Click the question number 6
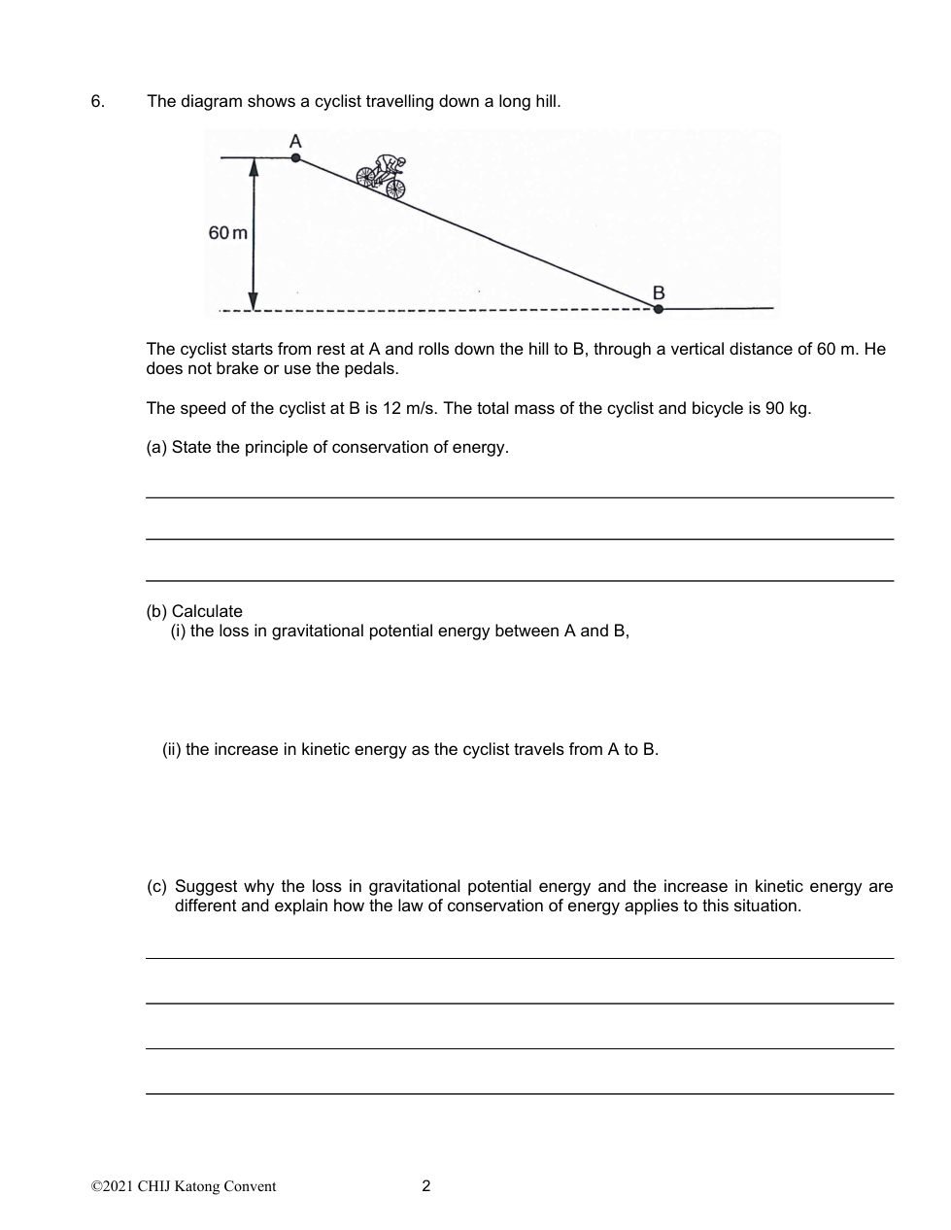(x=97, y=101)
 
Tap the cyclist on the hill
(x=382, y=177)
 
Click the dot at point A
(x=296, y=157)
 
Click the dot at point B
(x=659, y=309)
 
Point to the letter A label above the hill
(x=295, y=141)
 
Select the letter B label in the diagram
(x=659, y=292)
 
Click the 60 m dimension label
(x=227, y=233)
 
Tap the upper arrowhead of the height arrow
(x=254, y=167)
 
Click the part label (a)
(x=156, y=447)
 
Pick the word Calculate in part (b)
(x=207, y=611)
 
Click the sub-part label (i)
(x=179, y=632)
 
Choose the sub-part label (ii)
(x=172, y=749)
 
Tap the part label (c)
(x=156, y=886)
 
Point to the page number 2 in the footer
(x=426, y=1185)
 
